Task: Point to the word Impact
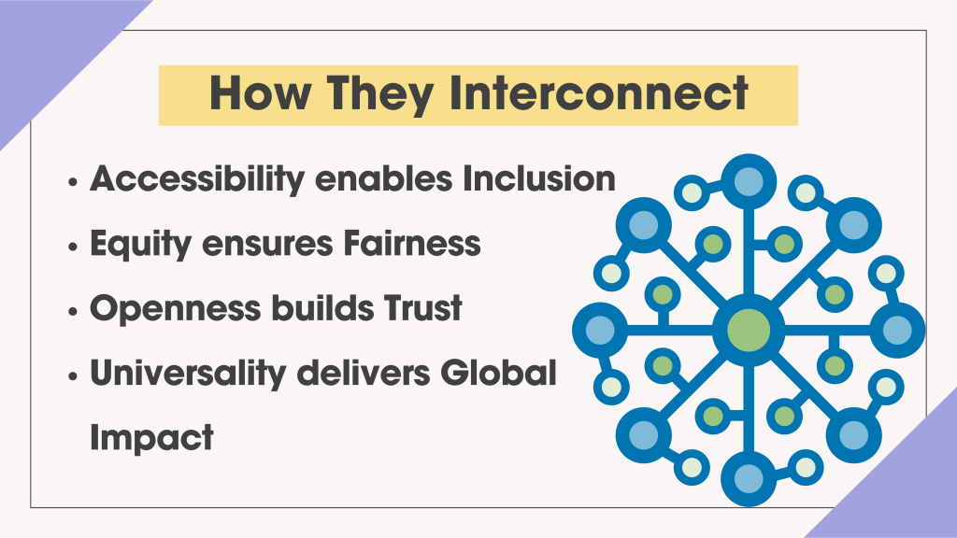pyautogui.click(x=151, y=437)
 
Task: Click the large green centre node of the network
pyautogui.click(x=748, y=329)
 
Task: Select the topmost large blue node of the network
pyautogui.click(x=748, y=181)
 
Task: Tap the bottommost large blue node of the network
pyautogui.click(x=748, y=477)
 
